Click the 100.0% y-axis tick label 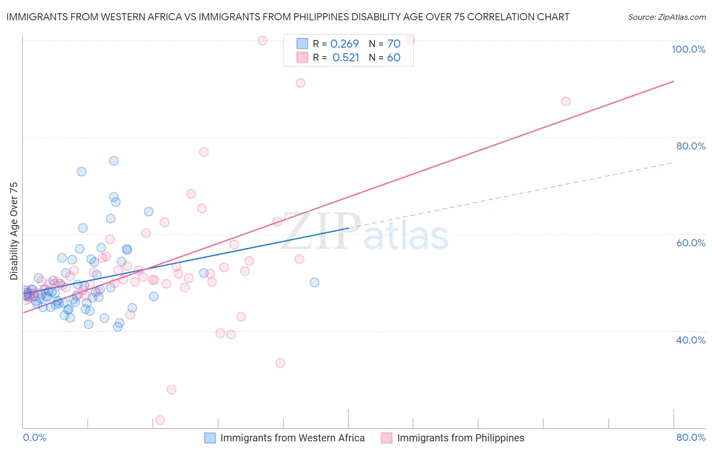(x=688, y=49)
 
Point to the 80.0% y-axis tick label (x=691, y=146)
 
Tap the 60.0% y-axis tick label (x=691, y=243)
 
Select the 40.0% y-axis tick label (x=691, y=340)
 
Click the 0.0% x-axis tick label (x=34, y=437)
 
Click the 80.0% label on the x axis (x=691, y=437)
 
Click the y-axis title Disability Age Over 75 (x=14, y=231)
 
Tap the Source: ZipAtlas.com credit (x=666, y=17)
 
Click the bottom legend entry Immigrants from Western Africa (x=292, y=438)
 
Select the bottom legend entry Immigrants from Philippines (x=460, y=438)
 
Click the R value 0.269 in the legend (x=344, y=44)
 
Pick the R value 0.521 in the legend (x=345, y=58)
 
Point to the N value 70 (x=393, y=44)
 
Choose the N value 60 (x=393, y=58)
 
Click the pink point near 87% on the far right (x=566, y=101)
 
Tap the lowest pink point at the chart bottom (x=160, y=420)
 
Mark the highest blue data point (x=114, y=161)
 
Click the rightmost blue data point (x=314, y=282)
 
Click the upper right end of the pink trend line (x=674, y=81)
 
